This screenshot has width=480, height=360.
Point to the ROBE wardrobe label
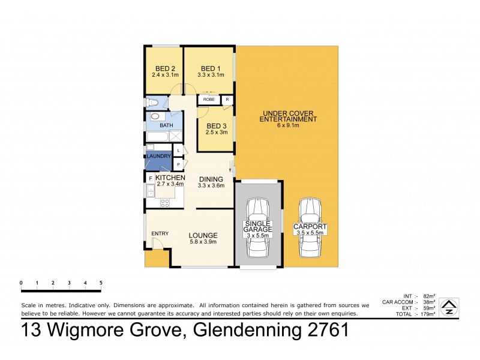(x=209, y=100)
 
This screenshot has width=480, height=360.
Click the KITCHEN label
(x=170, y=178)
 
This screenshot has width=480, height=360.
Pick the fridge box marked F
(x=150, y=179)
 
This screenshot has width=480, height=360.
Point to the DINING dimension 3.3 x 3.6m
(x=211, y=186)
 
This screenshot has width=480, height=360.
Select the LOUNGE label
(x=202, y=235)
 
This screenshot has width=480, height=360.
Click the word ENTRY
(x=160, y=233)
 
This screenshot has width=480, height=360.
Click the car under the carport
(x=310, y=226)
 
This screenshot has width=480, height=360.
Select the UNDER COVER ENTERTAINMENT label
(x=287, y=116)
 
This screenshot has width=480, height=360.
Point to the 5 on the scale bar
(x=101, y=283)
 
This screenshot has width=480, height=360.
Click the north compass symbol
(x=448, y=307)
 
